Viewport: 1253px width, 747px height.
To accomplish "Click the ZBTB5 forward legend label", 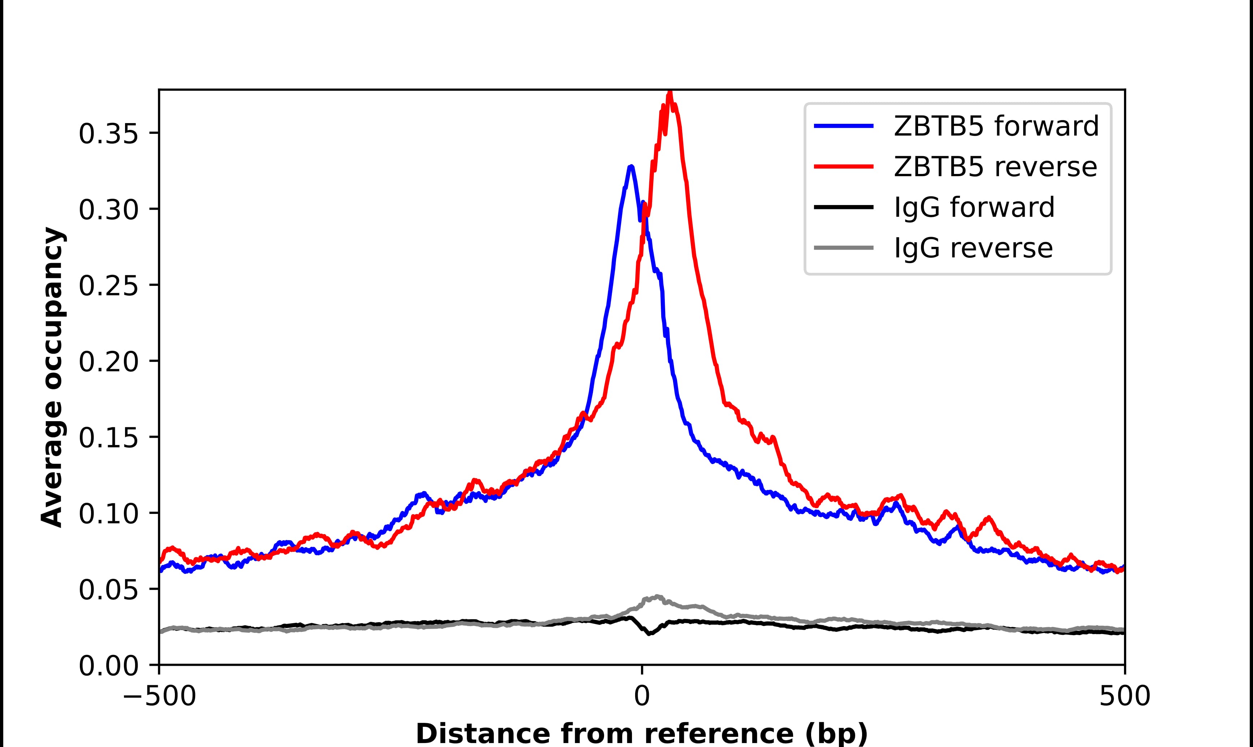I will (x=996, y=126).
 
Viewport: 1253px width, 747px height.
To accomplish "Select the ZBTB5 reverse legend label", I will (x=995, y=167).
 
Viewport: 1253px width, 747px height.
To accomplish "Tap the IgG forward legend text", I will (x=974, y=208).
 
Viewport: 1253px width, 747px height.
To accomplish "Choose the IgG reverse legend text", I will (x=973, y=248).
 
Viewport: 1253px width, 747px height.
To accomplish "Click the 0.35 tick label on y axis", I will (x=108, y=134).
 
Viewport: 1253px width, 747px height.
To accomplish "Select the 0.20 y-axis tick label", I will (x=108, y=362).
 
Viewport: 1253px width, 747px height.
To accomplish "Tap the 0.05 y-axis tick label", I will (x=108, y=590).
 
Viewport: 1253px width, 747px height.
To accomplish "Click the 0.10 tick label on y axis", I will (x=108, y=514).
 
